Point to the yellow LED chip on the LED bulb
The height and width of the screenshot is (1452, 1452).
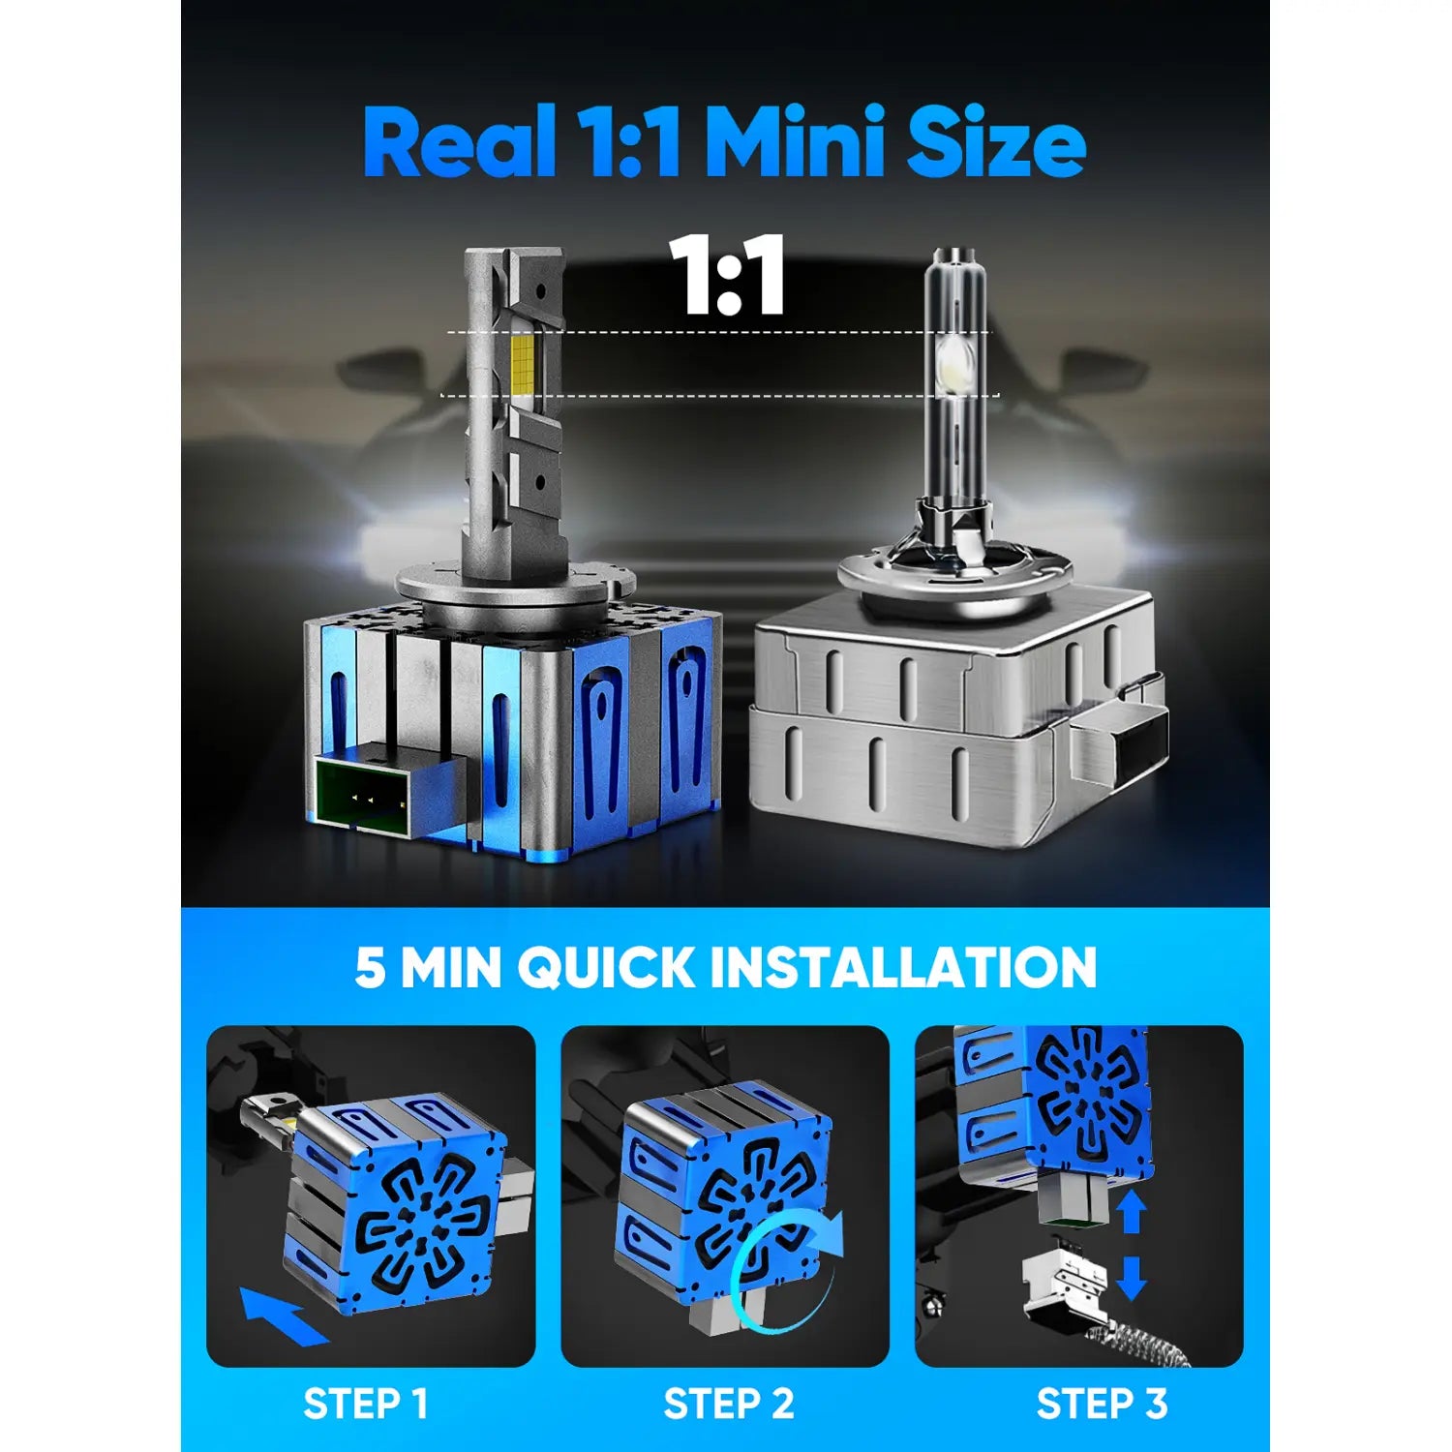pos(523,364)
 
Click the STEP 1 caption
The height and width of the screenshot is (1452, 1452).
pos(365,1404)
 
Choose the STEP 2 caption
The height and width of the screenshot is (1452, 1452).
pos(728,1404)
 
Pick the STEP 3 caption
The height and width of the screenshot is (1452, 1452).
pos(1101,1404)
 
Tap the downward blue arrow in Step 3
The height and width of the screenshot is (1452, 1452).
pos(1131,1278)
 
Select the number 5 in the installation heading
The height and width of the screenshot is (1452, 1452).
pos(370,967)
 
